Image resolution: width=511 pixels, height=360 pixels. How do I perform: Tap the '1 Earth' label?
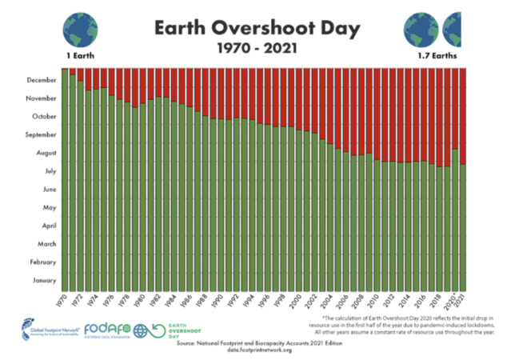[x=81, y=58]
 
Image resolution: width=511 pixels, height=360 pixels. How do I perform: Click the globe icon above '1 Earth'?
[x=80, y=29]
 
